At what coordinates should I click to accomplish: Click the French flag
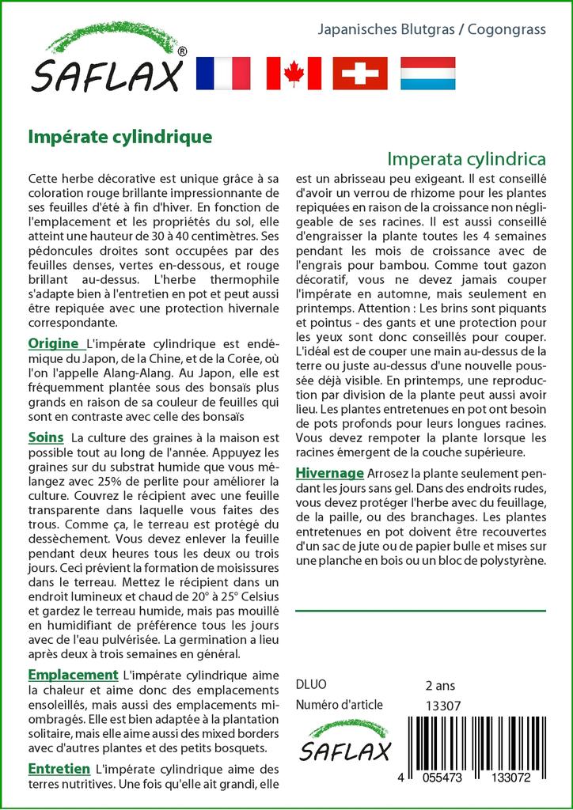(x=222, y=73)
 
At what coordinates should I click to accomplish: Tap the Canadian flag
(x=294, y=73)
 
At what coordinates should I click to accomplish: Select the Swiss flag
(x=360, y=73)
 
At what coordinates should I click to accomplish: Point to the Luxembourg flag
(x=427, y=73)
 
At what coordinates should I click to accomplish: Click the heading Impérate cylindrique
(x=120, y=136)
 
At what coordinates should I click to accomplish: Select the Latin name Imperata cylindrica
(x=467, y=157)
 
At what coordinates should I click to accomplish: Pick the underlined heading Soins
(x=46, y=437)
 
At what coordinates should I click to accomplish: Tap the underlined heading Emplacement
(x=73, y=675)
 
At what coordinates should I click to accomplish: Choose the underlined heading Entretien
(x=59, y=768)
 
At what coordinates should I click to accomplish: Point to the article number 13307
(x=443, y=706)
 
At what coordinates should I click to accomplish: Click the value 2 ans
(x=440, y=685)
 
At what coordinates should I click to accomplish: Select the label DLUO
(x=310, y=685)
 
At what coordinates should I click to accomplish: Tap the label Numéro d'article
(x=339, y=705)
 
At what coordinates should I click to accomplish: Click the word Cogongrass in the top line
(x=507, y=30)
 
